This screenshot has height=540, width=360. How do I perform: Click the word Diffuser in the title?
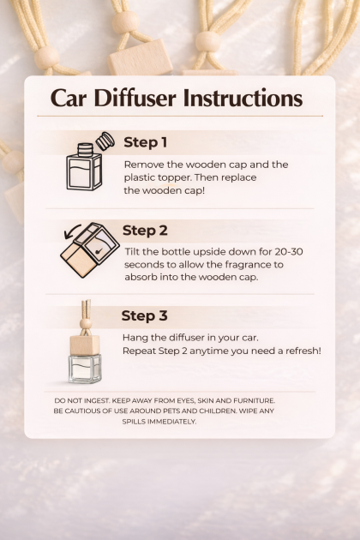click(135, 99)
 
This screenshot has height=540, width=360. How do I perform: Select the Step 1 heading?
click(146, 142)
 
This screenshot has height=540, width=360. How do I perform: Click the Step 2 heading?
click(145, 231)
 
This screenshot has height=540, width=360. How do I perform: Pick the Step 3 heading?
click(144, 315)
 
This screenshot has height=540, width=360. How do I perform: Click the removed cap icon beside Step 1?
click(105, 141)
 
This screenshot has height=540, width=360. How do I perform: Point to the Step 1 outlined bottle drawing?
click(84, 167)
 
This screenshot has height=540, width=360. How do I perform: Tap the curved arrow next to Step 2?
click(72, 231)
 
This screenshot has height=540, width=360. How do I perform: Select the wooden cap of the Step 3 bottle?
click(85, 345)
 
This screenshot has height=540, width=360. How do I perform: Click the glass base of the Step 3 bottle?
click(85, 369)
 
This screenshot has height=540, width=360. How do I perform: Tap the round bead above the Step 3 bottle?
click(86, 324)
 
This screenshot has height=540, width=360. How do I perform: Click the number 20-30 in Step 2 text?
click(289, 252)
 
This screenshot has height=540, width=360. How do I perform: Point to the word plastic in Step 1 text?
click(140, 178)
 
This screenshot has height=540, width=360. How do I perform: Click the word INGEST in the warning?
click(95, 401)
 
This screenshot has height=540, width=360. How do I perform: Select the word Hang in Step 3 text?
click(134, 338)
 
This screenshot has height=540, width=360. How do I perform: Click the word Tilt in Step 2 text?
click(133, 252)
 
